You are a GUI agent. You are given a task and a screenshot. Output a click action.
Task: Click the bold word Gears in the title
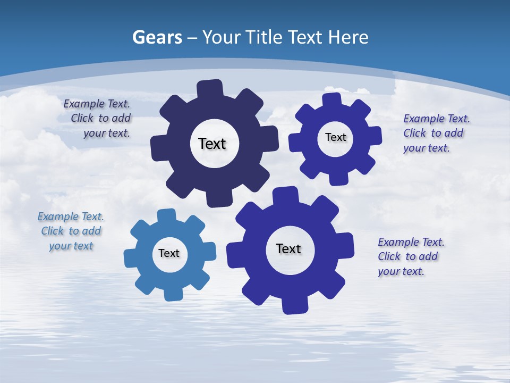click(157, 37)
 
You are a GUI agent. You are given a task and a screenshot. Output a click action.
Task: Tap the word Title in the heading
click(265, 37)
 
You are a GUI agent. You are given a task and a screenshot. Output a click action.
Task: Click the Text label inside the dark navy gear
click(212, 144)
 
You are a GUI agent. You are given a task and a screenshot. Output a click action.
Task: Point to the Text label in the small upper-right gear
click(335, 137)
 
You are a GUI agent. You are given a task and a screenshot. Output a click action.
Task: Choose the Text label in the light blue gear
click(169, 253)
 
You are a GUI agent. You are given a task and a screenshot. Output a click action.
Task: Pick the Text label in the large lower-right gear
click(288, 248)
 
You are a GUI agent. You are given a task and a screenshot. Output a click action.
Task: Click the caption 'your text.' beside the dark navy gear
click(106, 133)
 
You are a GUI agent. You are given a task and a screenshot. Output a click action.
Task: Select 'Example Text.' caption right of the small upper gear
click(437, 119)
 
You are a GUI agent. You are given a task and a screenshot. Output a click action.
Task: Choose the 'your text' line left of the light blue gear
click(71, 246)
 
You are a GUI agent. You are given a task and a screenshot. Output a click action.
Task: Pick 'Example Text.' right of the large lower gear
click(411, 242)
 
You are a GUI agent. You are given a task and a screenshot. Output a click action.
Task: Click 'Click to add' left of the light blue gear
click(71, 231)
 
